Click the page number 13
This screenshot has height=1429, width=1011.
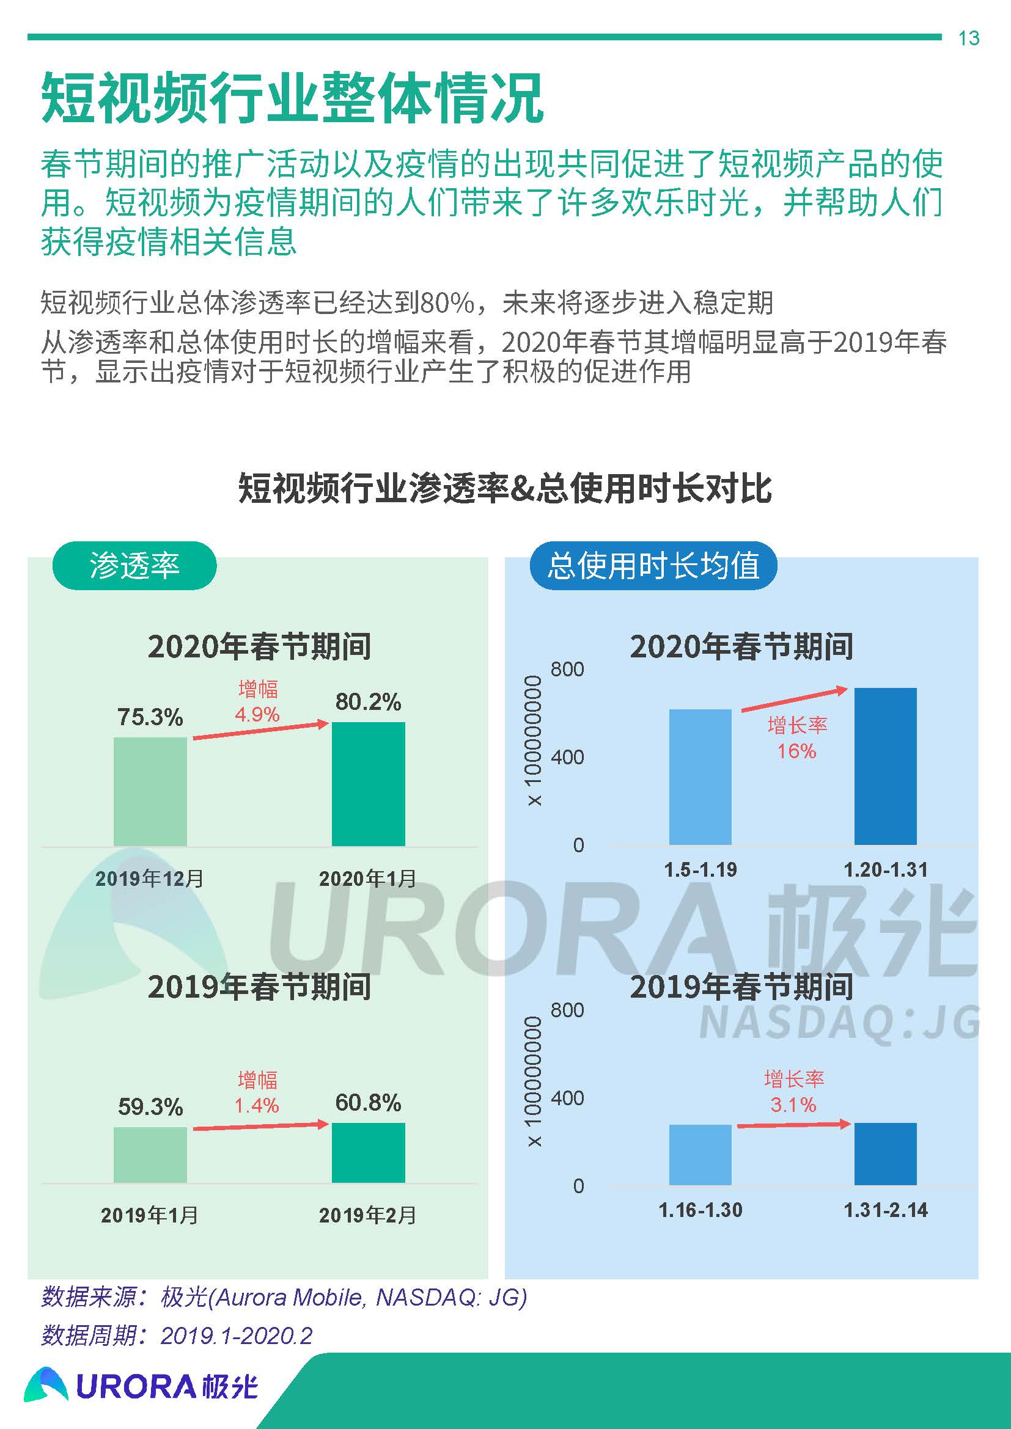click(969, 38)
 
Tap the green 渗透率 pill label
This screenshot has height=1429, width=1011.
click(134, 566)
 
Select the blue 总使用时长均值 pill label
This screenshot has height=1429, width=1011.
click(653, 566)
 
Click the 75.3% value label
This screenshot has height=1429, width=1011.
click(150, 717)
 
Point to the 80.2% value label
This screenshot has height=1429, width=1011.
click(368, 702)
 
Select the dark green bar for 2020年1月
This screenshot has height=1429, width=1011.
click(368, 784)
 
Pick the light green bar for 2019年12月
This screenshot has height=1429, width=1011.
click(150, 791)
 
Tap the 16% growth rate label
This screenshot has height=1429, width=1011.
click(796, 751)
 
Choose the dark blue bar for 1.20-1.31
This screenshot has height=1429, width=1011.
click(885, 766)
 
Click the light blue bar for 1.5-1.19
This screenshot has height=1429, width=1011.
click(700, 777)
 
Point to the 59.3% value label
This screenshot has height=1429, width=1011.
click(150, 1107)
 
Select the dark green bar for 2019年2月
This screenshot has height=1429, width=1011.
click(368, 1153)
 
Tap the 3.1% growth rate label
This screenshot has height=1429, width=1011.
click(793, 1105)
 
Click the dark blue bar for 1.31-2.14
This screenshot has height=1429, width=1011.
click(885, 1154)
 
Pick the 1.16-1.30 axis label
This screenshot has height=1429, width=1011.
click(700, 1210)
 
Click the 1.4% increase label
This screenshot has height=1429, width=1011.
click(257, 1105)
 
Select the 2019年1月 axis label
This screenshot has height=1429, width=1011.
click(149, 1215)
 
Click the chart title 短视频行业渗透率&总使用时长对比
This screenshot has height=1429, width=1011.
click(505, 489)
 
